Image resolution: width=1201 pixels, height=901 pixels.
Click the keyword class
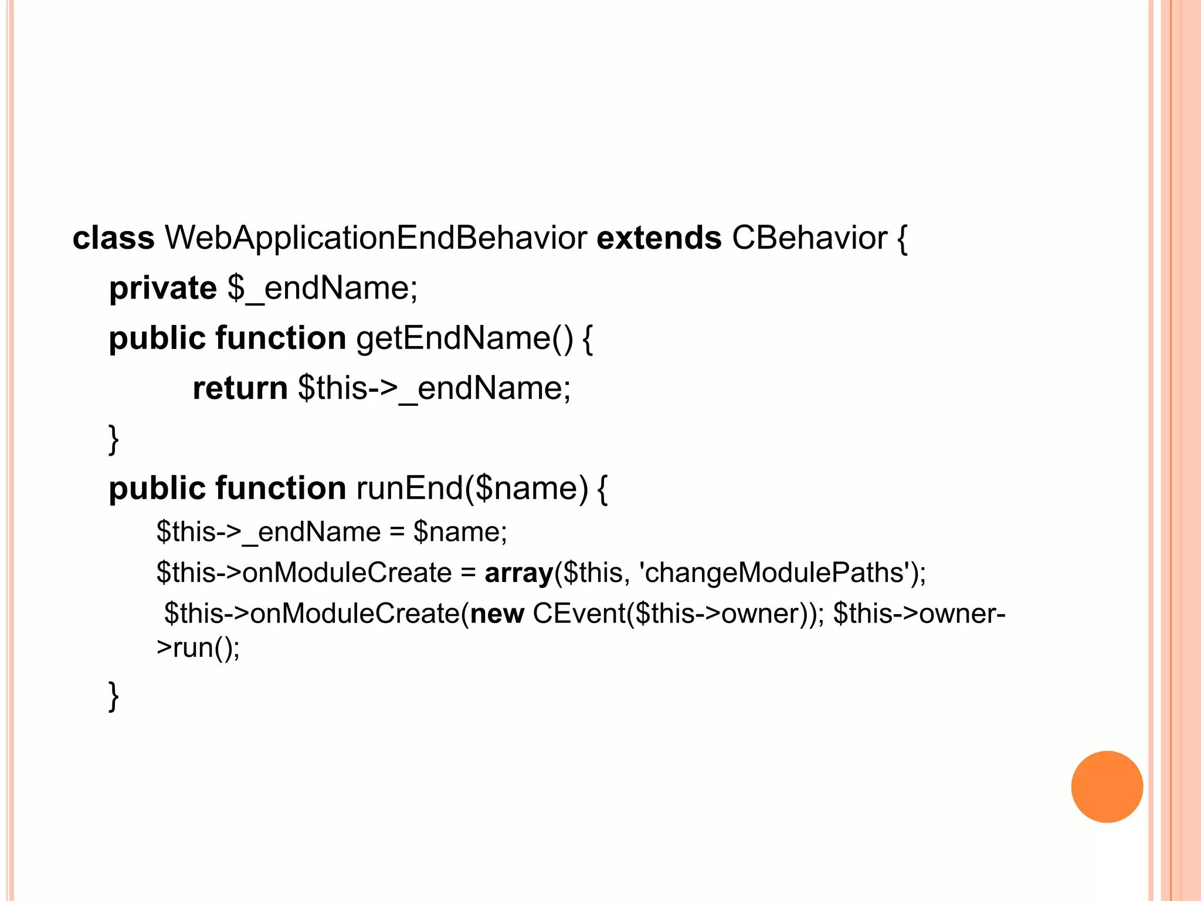click(x=113, y=238)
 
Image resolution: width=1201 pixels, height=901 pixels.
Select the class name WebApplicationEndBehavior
click(x=375, y=238)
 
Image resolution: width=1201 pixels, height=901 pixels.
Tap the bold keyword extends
click(x=659, y=238)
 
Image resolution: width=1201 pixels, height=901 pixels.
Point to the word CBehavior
click(x=809, y=238)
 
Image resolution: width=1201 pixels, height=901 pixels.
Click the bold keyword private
click(x=163, y=288)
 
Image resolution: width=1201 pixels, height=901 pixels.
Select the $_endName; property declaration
click(x=323, y=288)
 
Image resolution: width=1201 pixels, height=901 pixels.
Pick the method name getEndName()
click(x=464, y=338)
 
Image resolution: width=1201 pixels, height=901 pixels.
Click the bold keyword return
click(x=240, y=388)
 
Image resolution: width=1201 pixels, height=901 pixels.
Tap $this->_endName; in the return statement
click(x=434, y=388)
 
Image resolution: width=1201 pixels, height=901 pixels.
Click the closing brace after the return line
click(x=114, y=439)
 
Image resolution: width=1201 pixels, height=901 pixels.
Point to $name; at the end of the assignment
click(x=460, y=532)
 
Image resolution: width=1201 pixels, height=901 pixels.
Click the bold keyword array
click(x=519, y=573)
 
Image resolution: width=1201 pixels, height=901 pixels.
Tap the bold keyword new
click(x=497, y=614)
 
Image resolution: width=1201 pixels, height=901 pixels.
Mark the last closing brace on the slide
click(x=114, y=696)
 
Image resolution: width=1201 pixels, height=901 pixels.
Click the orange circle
click(x=1107, y=787)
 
